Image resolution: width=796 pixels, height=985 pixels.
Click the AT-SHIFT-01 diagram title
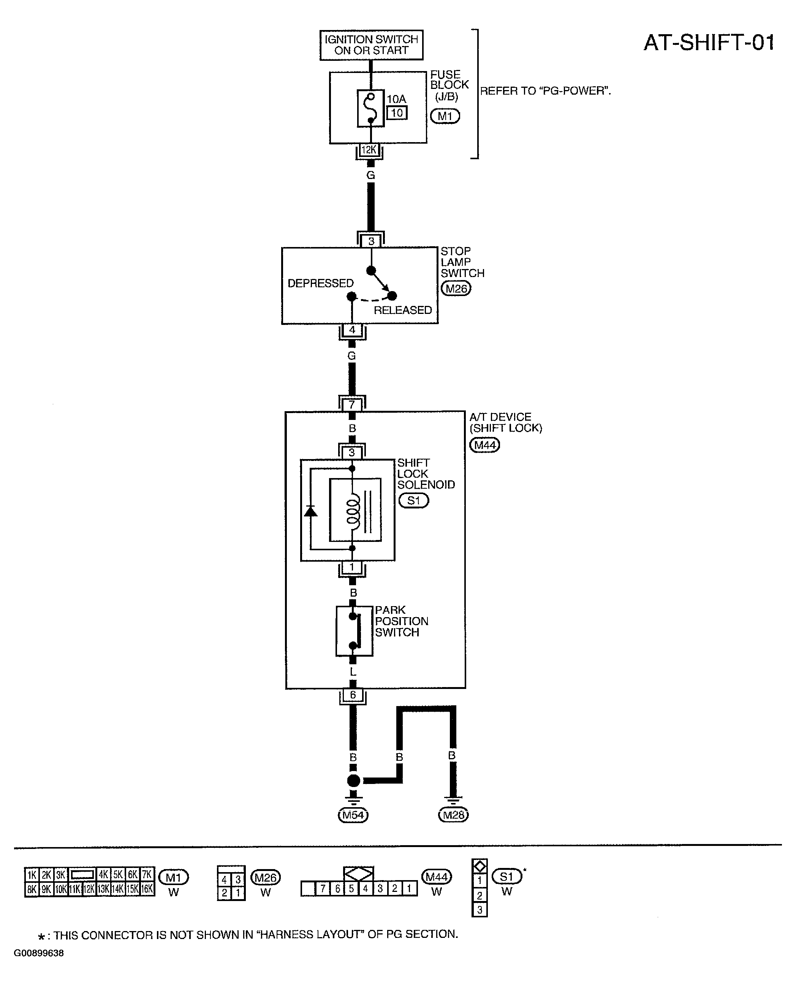tap(709, 43)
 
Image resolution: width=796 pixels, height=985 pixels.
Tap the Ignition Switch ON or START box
tap(372, 45)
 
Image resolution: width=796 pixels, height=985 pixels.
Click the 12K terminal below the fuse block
tap(369, 150)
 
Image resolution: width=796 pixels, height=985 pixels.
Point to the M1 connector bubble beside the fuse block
tap(445, 116)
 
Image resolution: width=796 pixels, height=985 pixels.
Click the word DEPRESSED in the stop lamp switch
tap(321, 283)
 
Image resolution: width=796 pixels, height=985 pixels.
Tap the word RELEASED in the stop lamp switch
tap(403, 310)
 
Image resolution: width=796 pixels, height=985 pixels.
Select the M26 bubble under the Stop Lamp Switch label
tap(456, 288)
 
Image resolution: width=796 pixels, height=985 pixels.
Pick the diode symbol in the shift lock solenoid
tap(310, 511)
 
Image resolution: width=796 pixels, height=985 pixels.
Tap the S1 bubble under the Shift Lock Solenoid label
tap(413, 500)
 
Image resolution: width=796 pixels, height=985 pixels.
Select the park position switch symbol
tap(354, 631)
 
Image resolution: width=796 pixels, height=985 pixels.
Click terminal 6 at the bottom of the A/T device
tap(353, 695)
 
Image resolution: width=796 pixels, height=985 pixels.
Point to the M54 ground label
tap(353, 815)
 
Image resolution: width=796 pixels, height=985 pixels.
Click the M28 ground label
tap(454, 815)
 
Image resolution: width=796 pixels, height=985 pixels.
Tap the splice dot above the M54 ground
tap(353, 781)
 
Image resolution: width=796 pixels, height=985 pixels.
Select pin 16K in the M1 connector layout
tap(147, 889)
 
